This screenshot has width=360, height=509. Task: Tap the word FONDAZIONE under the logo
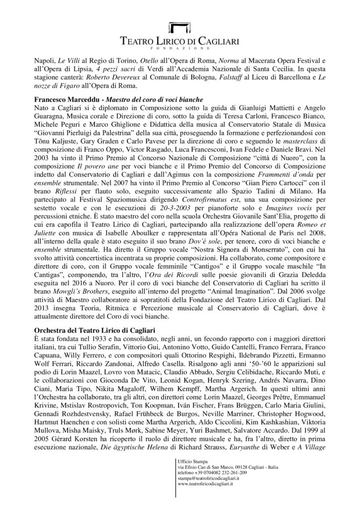[180, 49]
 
